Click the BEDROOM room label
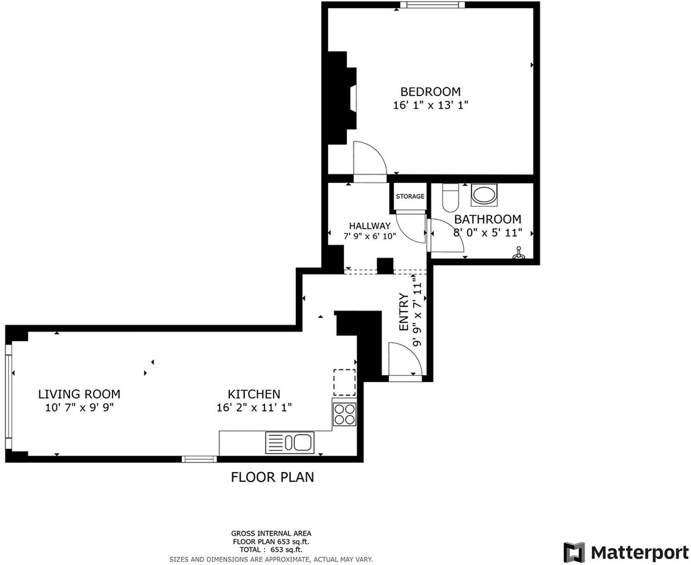430,91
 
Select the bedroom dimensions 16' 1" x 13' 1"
430,105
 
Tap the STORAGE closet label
410,196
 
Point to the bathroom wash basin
484,196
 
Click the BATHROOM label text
487,220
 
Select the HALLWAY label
369,226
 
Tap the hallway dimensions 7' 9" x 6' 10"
369,236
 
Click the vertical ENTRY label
403,312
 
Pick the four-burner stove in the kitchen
344,414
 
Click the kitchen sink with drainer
290,442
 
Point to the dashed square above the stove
344,382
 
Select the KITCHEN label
254,394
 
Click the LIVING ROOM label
79,394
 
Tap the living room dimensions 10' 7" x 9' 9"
79,408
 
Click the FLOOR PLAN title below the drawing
272,477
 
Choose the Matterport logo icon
574,552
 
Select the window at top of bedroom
431,5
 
